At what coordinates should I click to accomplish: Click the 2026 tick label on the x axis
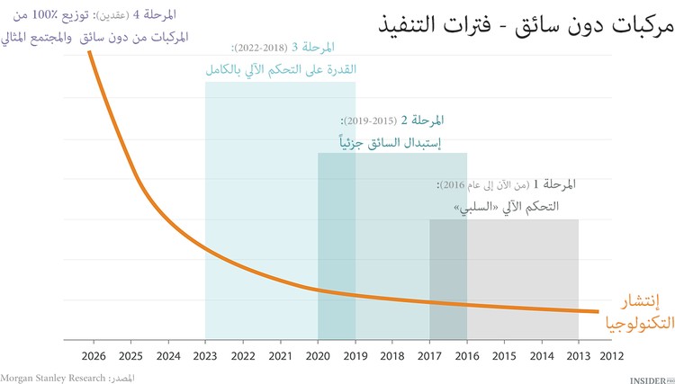(94, 356)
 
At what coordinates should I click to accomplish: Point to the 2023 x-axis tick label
(205, 356)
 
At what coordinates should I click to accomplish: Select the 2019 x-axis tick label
(355, 356)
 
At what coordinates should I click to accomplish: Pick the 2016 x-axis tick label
(466, 356)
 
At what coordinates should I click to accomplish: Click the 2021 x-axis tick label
(280, 356)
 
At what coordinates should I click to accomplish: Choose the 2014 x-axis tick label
(541, 356)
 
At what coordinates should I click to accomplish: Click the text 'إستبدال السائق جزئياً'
(387, 141)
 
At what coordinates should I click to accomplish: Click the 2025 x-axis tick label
(130, 356)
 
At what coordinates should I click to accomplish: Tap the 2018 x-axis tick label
(391, 356)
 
